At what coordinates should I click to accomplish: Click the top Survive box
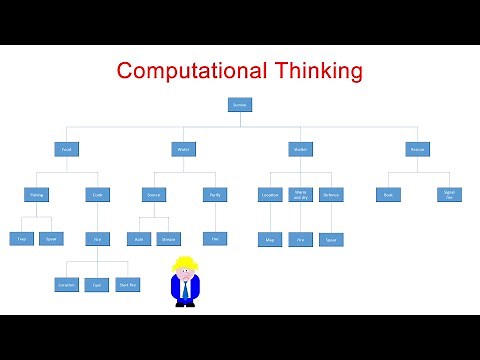tap(240, 104)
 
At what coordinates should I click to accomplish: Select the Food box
tap(66, 149)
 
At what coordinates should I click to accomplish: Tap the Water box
tap(183, 149)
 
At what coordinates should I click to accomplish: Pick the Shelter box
tap(298, 149)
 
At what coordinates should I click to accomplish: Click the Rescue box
tap(417, 149)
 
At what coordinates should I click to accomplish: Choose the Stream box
tap(168, 239)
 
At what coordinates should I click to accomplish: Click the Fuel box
tap(97, 284)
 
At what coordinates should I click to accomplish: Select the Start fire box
tap(127, 284)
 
